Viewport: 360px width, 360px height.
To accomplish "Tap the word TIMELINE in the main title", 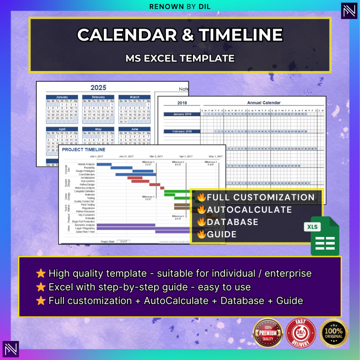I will point(240,35).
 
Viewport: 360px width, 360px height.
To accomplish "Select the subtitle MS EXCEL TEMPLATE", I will point(180,58).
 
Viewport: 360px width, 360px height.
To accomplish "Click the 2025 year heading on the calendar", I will point(98,88).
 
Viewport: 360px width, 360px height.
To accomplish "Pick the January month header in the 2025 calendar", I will point(62,97).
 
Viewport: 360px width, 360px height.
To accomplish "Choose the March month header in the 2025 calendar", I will point(134,97).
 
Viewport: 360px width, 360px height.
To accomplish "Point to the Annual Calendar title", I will point(264,103).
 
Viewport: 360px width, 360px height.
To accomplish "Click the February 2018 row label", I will point(182,131).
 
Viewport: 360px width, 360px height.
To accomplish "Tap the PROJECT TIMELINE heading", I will point(84,150).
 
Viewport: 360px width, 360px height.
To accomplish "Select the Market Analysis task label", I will point(86,164).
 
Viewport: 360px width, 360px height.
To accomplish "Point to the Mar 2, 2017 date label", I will point(156,156).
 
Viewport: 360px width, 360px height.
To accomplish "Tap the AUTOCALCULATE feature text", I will point(249,210).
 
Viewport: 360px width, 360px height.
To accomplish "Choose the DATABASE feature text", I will point(232,222).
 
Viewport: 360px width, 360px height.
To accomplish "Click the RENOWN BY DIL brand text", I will point(180,6).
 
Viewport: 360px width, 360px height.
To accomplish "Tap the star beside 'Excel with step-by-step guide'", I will point(41,287).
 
